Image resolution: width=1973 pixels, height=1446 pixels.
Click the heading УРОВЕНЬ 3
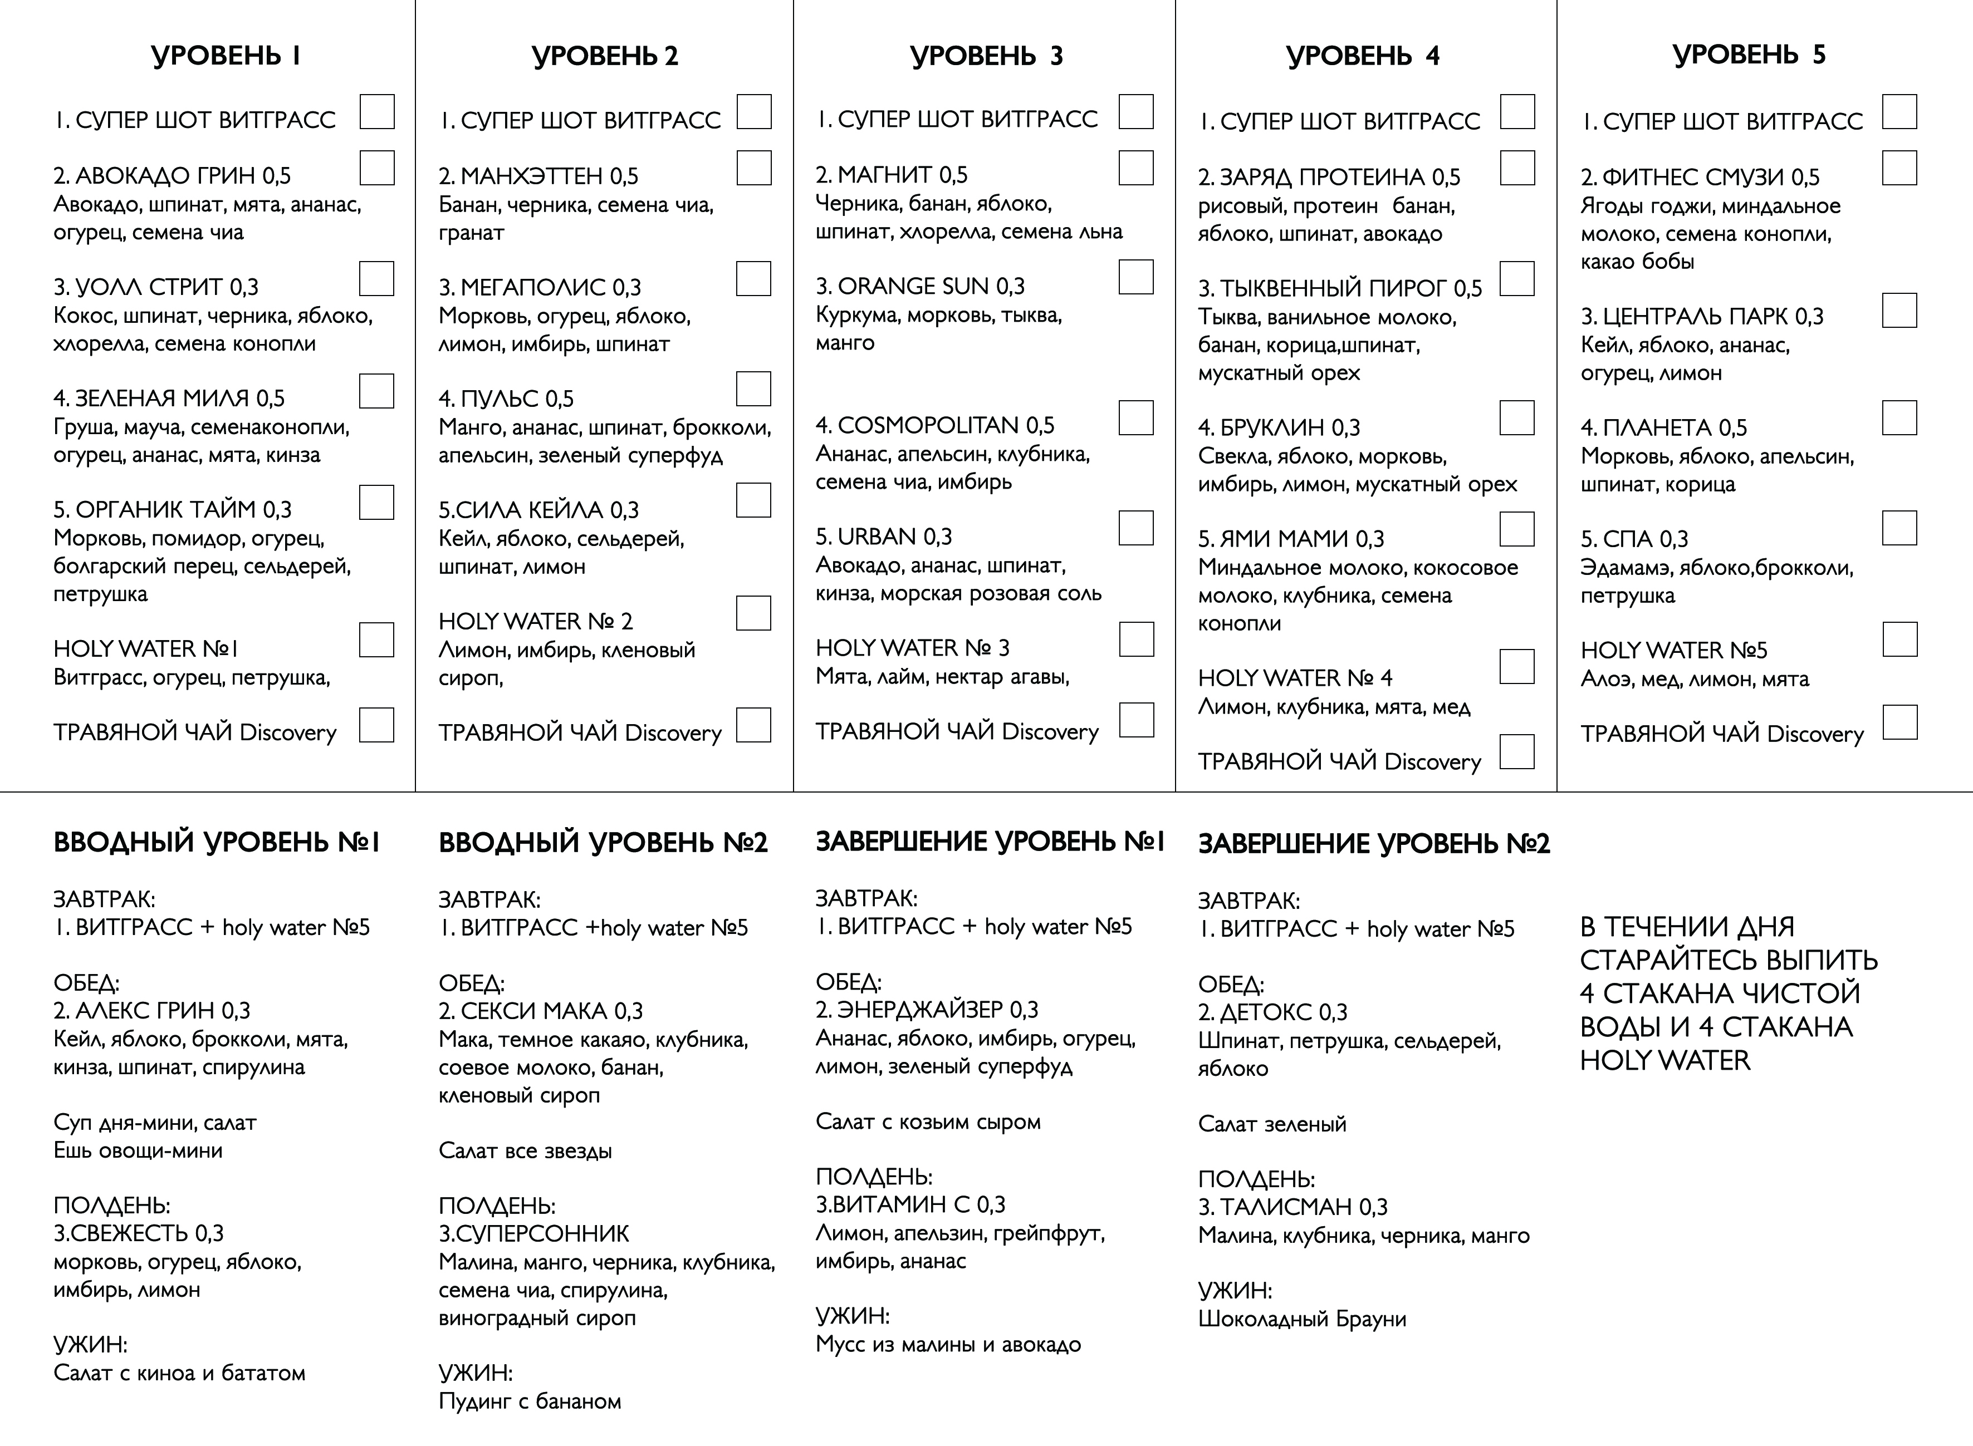pyautogui.click(x=986, y=56)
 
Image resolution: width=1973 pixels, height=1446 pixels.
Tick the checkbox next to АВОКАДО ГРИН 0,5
pyautogui.click(x=376, y=168)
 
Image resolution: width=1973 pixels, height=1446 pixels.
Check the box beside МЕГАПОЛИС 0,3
pyautogui.click(x=753, y=278)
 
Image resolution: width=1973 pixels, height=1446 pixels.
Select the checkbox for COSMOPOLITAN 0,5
pyautogui.click(x=1136, y=417)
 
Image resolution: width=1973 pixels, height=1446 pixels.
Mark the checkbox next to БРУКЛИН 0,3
pyautogui.click(x=1517, y=417)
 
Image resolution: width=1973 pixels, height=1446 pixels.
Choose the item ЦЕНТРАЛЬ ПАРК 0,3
pyautogui.click(x=1702, y=316)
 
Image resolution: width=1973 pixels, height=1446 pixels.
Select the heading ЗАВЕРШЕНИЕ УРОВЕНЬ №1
pyautogui.click(x=990, y=842)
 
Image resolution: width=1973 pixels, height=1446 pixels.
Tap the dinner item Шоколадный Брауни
pyautogui.click(x=1301, y=1319)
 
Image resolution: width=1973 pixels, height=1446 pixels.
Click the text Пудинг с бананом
pyautogui.click(x=530, y=1401)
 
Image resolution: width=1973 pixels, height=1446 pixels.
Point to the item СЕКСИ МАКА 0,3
pyautogui.click(x=540, y=1011)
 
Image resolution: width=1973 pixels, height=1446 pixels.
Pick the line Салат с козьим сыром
pyautogui.click(x=927, y=1122)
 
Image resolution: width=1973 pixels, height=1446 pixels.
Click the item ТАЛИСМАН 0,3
pyautogui.click(x=1293, y=1207)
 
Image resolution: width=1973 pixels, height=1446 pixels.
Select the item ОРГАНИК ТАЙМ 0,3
pyautogui.click(x=173, y=509)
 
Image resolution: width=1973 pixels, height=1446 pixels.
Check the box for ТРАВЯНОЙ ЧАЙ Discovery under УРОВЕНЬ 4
pyautogui.click(x=1517, y=751)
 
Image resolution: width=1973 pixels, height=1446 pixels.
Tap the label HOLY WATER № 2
pyautogui.click(x=535, y=622)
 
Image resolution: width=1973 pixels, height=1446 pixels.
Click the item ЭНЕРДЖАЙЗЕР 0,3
pyautogui.click(x=927, y=1010)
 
